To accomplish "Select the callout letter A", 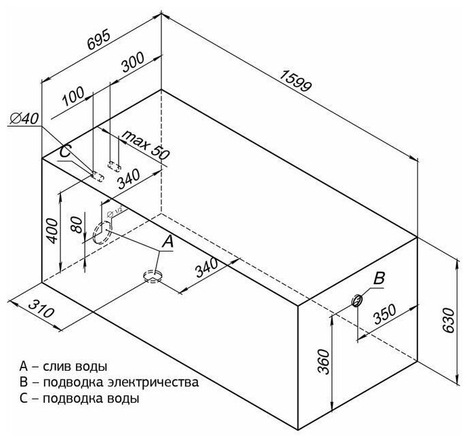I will click(168, 240).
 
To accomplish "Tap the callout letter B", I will click(380, 277).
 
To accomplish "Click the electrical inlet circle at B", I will click(358, 300).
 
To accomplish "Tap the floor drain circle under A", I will click(152, 275).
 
